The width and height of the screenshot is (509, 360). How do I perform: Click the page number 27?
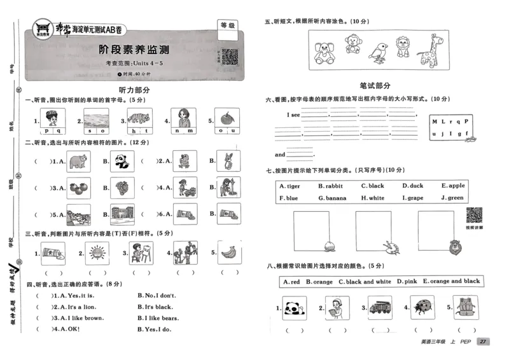click(484, 342)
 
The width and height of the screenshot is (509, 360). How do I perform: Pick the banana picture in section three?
click(229, 253)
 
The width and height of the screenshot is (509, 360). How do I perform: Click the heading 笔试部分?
click(375, 85)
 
